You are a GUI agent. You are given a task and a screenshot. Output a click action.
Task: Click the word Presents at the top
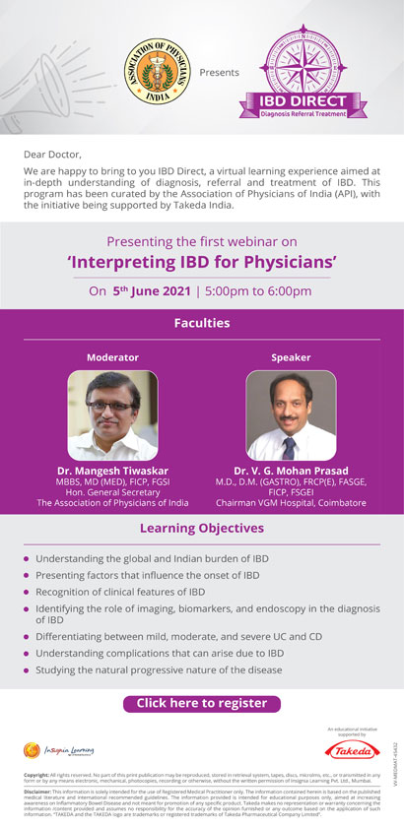coord(219,73)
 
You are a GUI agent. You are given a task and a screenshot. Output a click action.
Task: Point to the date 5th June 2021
coord(149,290)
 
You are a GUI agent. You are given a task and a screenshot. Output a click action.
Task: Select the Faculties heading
coord(202,322)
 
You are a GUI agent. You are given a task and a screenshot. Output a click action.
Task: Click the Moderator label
coord(112,357)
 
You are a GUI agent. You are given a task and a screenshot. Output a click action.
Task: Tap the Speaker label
coord(291,357)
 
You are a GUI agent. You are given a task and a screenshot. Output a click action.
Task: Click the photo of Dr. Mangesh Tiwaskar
coord(112,415)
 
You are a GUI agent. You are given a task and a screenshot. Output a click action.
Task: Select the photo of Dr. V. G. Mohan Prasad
coord(291,415)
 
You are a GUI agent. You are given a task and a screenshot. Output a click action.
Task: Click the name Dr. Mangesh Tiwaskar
coord(112,471)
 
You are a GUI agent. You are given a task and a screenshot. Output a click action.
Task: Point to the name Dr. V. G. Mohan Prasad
coord(291,471)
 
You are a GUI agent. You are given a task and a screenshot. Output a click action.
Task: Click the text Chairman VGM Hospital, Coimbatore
coord(291,503)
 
